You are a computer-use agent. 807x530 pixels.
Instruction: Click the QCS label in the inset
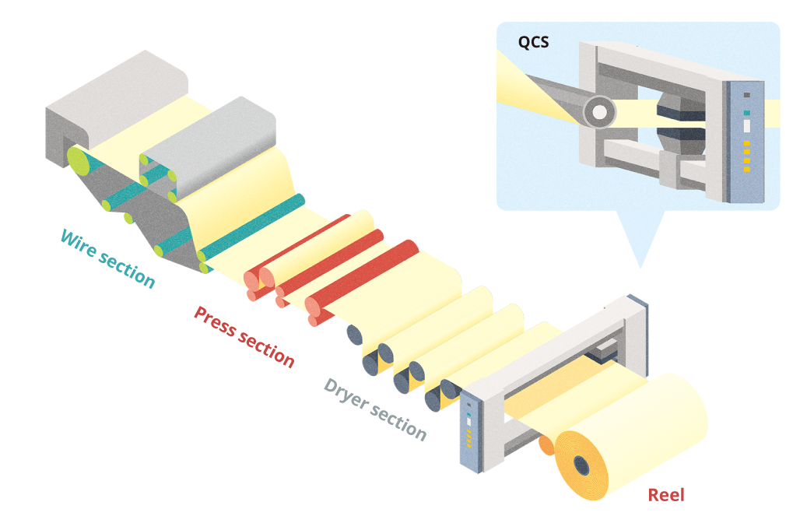(x=533, y=42)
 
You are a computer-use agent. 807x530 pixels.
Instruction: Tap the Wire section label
(x=107, y=258)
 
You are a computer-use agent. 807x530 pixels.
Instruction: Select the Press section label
(x=244, y=336)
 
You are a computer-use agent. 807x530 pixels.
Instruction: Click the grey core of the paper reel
(x=581, y=465)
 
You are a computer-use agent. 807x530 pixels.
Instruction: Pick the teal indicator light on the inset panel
(x=746, y=112)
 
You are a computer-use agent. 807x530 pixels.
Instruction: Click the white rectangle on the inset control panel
(x=746, y=126)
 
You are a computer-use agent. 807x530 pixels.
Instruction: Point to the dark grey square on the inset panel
(x=746, y=95)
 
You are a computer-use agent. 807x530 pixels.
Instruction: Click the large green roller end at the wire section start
(x=78, y=160)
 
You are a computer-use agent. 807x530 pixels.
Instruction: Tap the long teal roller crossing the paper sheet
(x=253, y=230)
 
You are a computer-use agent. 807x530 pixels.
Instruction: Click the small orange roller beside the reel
(x=547, y=445)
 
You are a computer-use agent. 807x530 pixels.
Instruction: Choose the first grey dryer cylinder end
(x=354, y=335)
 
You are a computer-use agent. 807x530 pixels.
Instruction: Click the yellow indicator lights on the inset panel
(x=746, y=156)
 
